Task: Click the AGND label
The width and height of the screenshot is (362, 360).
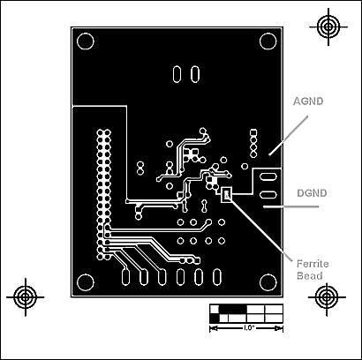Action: tap(308, 101)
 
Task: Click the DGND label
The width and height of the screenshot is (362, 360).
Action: tap(312, 193)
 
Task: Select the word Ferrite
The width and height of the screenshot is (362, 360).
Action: tap(313, 264)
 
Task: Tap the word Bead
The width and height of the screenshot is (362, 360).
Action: tap(309, 276)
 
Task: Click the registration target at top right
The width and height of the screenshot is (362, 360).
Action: tap(328, 26)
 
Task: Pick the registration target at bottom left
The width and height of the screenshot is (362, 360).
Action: tap(26, 297)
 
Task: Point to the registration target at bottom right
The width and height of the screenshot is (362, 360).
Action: tap(327, 297)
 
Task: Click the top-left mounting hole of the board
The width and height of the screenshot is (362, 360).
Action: tap(86, 41)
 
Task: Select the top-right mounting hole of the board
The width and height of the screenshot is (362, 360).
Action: tap(268, 41)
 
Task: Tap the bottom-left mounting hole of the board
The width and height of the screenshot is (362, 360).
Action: tap(86, 282)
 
